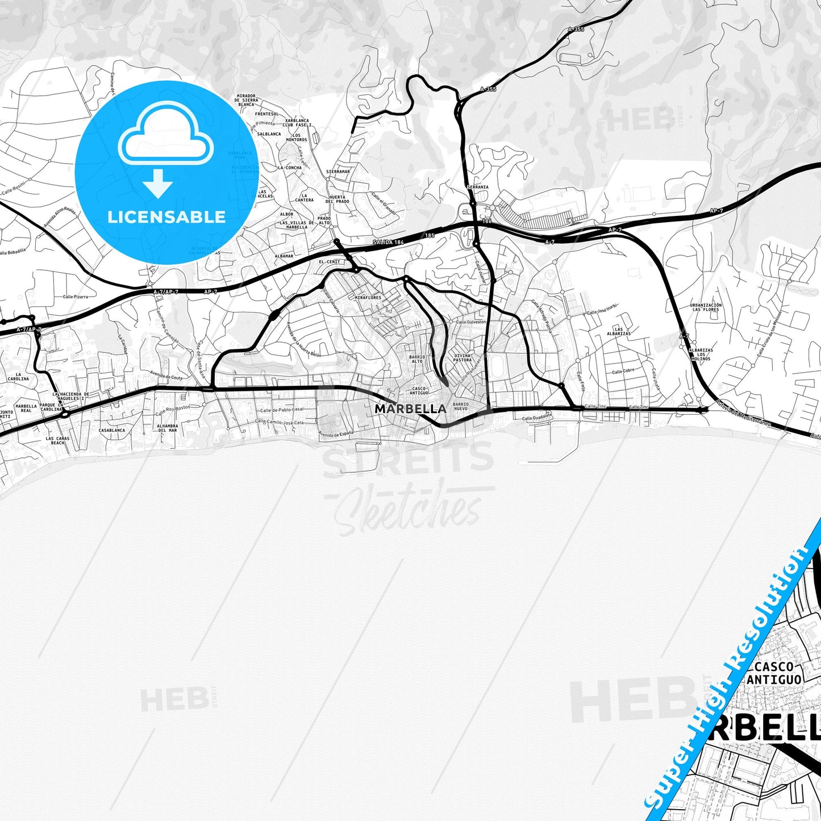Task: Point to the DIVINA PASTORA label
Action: tap(462, 357)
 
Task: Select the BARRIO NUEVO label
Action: tap(461, 406)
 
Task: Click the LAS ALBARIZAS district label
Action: tap(622, 331)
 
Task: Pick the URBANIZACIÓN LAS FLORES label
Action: tap(706, 307)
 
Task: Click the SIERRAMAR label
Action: tap(338, 171)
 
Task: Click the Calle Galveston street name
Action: tap(471, 322)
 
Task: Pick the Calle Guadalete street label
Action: tap(537, 418)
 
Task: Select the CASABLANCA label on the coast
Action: tap(112, 431)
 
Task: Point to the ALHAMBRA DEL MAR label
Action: tap(168, 428)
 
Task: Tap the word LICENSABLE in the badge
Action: tap(166, 217)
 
